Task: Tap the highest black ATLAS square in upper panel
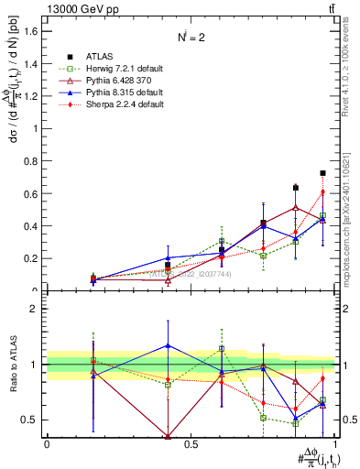(322, 173)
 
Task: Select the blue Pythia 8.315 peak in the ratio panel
(167, 345)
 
